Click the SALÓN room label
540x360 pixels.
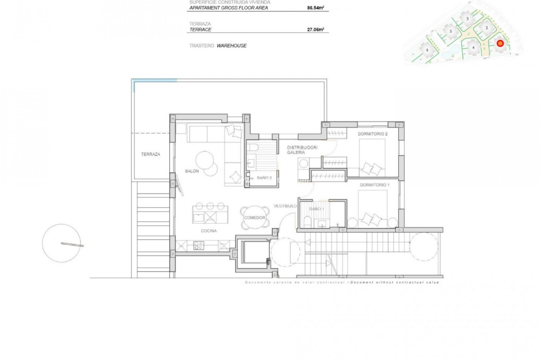(x=192, y=171)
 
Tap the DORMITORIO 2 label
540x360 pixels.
(x=372, y=134)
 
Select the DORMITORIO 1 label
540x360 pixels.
(x=375, y=185)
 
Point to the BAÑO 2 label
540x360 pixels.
(x=264, y=178)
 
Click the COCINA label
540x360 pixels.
(x=209, y=231)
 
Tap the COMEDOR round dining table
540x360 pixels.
(x=255, y=218)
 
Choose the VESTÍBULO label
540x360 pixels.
(x=285, y=206)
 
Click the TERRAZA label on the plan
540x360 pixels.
(x=150, y=154)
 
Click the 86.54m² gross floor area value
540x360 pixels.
(x=315, y=8)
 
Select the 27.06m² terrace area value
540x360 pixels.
(x=315, y=30)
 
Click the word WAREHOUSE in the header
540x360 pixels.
(x=231, y=46)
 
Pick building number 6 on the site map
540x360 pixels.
(x=427, y=50)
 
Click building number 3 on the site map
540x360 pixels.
(x=467, y=19)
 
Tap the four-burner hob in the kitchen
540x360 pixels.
(x=199, y=246)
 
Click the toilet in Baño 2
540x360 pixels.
(x=253, y=147)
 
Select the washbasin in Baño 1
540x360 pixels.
(x=322, y=224)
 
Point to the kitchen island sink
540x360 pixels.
(x=198, y=217)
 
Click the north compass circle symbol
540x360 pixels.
(x=61, y=243)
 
